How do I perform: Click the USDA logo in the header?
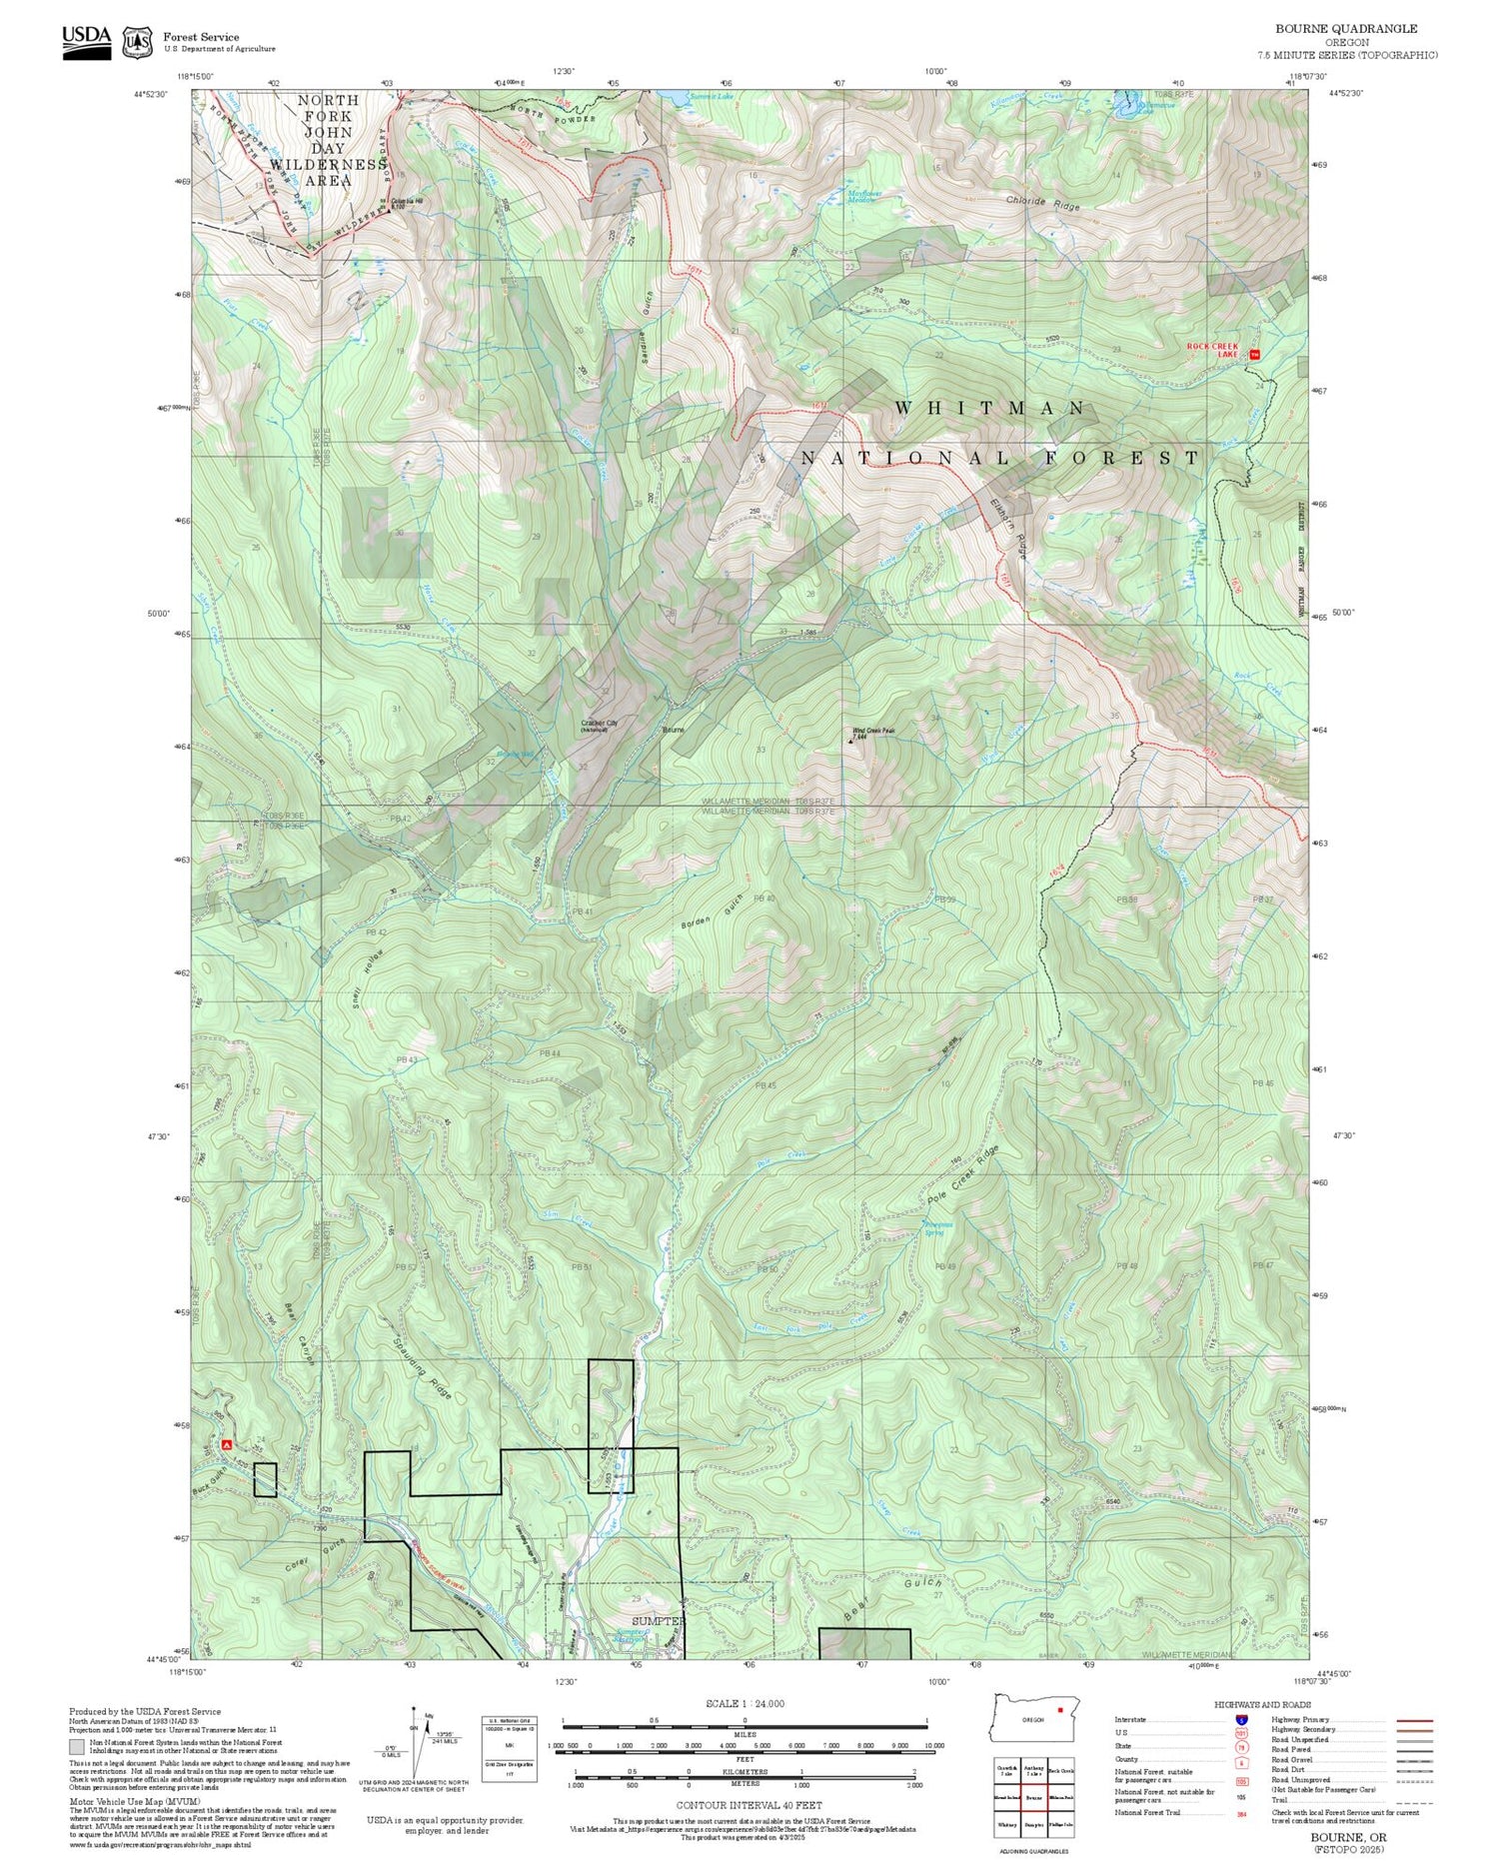click(87, 40)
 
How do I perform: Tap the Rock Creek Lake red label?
click(1212, 350)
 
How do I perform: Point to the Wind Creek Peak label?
click(872, 731)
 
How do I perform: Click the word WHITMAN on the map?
click(989, 408)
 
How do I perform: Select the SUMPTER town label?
click(658, 1621)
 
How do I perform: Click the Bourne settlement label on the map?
click(673, 730)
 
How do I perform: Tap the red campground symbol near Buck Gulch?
click(227, 1444)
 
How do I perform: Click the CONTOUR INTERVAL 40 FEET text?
click(749, 1805)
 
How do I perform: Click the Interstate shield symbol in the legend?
click(1241, 1719)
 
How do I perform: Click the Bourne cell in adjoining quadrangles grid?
click(1033, 1797)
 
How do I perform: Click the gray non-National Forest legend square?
click(76, 1774)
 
